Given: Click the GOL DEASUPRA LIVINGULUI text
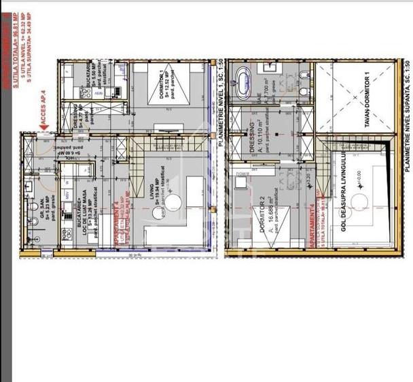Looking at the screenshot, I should pyautogui.click(x=344, y=202).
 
